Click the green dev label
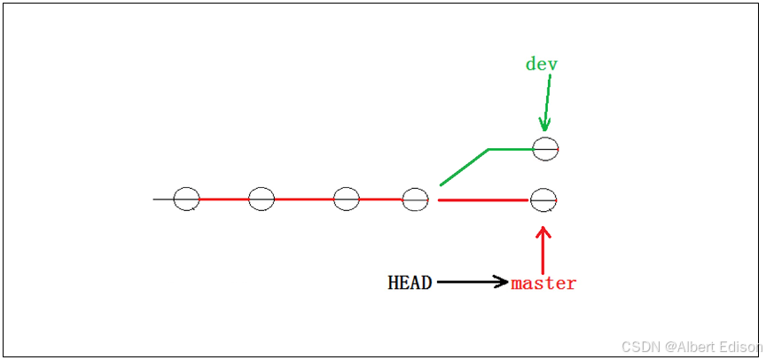tap(542, 64)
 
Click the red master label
tap(543, 284)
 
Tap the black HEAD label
tap(410, 283)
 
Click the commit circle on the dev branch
tap(544, 149)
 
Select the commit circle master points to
tap(543, 200)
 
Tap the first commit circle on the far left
tap(186, 200)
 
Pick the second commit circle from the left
tap(262, 200)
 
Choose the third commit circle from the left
tap(346, 200)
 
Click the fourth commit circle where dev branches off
tap(416, 200)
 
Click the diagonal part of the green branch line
tap(464, 167)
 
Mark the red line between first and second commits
tap(223, 200)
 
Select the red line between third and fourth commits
tap(380, 200)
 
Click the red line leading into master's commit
tap(483, 200)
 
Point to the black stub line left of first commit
tap(163, 200)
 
